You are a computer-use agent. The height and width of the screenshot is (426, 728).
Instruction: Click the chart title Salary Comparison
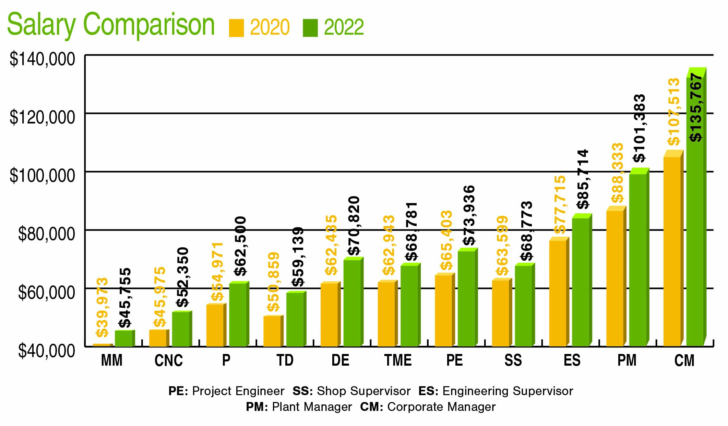[110, 25]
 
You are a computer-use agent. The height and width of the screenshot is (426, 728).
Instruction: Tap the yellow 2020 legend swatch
[236, 28]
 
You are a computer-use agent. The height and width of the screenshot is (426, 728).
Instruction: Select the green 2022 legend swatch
[310, 28]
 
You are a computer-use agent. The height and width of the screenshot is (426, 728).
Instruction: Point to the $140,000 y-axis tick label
[42, 59]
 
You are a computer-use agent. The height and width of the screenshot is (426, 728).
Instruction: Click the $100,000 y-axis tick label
[42, 176]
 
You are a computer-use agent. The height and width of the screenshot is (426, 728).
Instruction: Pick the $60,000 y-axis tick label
[46, 293]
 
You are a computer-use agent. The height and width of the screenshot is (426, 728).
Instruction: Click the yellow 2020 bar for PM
[615, 278]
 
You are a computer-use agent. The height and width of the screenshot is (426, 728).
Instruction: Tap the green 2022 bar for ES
[581, 281]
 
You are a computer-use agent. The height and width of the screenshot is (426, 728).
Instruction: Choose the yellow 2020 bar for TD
[272, 331]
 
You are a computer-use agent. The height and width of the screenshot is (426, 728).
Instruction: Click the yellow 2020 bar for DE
[329, 314]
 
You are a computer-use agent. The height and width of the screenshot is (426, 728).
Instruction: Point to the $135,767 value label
[696, 108]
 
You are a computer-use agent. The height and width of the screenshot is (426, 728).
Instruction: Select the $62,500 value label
[241, 246]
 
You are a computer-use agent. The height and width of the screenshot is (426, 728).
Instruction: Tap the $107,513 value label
[674, 112]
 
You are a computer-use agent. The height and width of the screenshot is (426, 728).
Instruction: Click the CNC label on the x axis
[168, 361]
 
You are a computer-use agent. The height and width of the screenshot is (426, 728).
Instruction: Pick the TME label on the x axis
[398, 361]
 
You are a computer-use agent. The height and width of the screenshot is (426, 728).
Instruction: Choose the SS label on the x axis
[513, 361]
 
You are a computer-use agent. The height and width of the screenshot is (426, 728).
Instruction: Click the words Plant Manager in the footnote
[312, 407]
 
